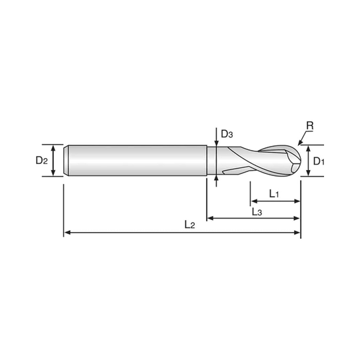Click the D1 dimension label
(x=319, y=161)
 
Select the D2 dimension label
(x=41, y=160)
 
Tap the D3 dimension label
(x=227, y=134)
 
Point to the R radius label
(x=310, y=125)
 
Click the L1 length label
(x=274, y=194)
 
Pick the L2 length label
(x=189, y=225)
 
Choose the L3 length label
(x=257, y=212)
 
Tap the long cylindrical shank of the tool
(x=137, y=161)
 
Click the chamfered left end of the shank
(x=66, y=161)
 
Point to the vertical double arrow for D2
(x=53, y=161)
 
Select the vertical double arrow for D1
(x=309, y=161)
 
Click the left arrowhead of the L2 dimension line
(x=67, y=233)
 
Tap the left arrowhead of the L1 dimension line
(x=254, y=201)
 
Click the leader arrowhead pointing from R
(x=299, y=143)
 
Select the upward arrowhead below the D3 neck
(x=216, y=179)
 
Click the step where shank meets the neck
(x=207, y=161)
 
